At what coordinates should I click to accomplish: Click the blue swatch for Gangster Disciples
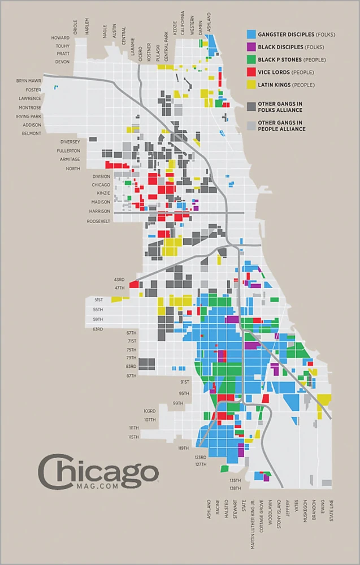click(251, 34)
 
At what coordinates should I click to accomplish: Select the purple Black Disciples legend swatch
click(251, 47)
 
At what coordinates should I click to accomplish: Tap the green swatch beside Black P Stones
click(251, 59)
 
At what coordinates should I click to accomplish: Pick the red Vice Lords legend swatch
click(251, 72)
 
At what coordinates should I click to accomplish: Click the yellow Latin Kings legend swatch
click(251, 85)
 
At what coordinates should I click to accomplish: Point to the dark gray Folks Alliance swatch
click(251, 107)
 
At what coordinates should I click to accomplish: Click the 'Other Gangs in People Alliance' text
click(281, 125)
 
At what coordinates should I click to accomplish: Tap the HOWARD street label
click(60, 38)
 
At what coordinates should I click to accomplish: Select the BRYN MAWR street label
click(29, 81)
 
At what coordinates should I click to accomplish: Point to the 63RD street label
click(98, 329)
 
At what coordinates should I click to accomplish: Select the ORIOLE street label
click(75, 27)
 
